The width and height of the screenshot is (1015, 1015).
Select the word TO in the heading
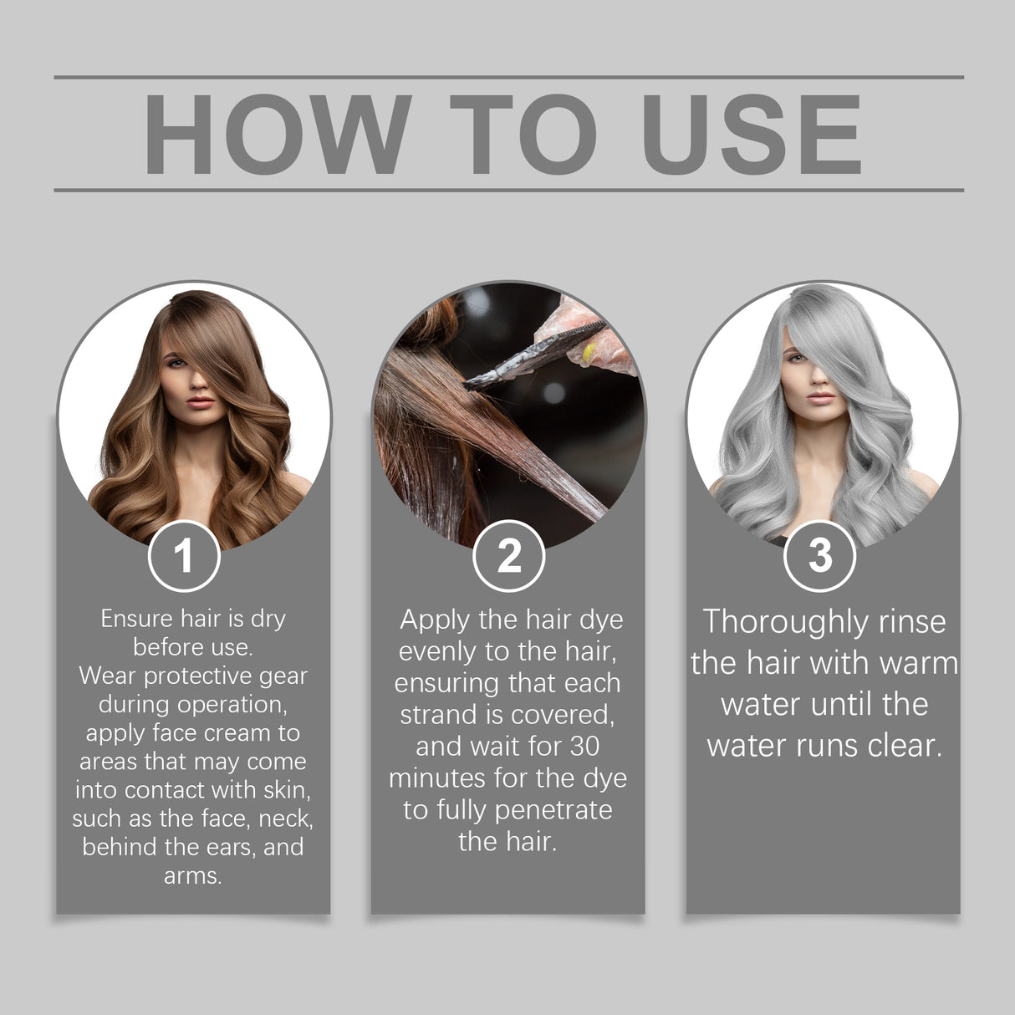[523, 135]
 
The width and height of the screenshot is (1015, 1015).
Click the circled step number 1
[184, 556]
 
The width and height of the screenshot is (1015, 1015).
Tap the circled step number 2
[508, 556]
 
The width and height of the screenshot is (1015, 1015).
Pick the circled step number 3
[820, 556]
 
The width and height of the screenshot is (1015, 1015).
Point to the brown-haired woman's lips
[200, 402]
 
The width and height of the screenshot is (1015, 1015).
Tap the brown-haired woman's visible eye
[177, 362]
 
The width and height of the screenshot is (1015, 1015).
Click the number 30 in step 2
[584, 746]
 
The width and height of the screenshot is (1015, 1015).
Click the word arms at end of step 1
[192, 876]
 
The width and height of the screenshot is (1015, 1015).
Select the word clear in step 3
[904, 745]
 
